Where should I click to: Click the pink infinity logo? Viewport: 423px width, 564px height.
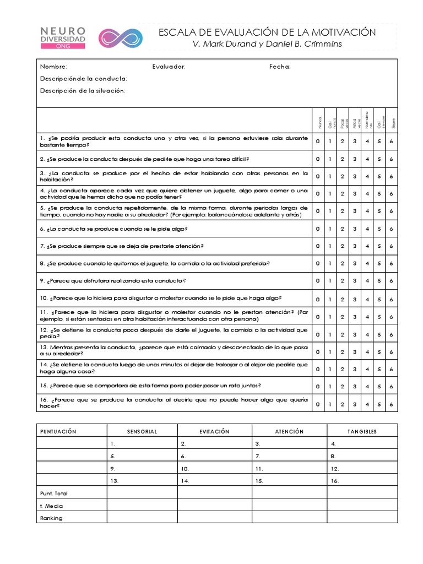(x=120, y=38)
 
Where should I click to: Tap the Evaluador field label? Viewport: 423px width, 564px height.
(x=169, y=67)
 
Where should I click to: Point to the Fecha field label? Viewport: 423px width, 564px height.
(x=280, y=67)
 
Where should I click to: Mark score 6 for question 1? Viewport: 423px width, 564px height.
(x=391, y=142)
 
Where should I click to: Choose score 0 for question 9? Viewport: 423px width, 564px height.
(x=318, y=281)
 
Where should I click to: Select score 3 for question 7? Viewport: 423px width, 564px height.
(x=354, y=246)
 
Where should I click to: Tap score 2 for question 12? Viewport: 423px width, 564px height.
(x=342, y=334)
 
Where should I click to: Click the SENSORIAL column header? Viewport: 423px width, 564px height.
(x=142, y=431)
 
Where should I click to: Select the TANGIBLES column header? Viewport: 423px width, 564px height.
(x=362, y=431)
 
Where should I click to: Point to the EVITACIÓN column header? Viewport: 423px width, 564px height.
(x=214, y=431)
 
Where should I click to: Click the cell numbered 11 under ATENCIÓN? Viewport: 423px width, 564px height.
(x=259, y=469)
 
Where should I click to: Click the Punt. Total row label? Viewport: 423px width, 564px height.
(x=54, y=493)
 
